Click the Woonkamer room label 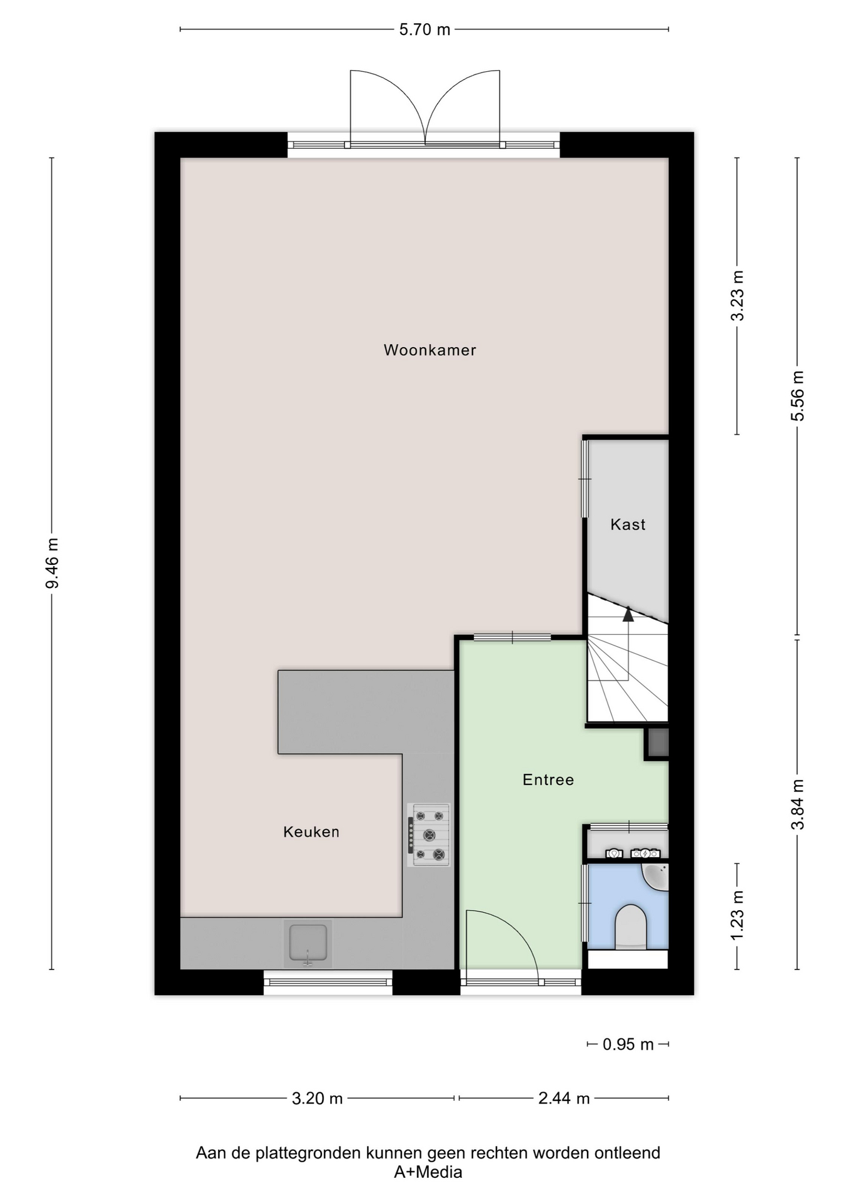point(430,350)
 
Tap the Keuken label point(311,832)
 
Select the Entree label point(548,780)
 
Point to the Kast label point(628,525)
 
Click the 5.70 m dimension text point(425,30)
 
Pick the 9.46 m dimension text point(53,563)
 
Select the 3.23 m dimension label point(738,296)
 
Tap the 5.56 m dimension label point(798,396)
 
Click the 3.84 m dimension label point(798,804)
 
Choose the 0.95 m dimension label point(628,1045)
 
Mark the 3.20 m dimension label point(317,1098)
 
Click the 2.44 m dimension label point(564,1098)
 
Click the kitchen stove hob point(429,835)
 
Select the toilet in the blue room point(630,927)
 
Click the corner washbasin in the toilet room point(656,876)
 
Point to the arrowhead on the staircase point(628,614)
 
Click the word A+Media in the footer point(428,1172)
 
